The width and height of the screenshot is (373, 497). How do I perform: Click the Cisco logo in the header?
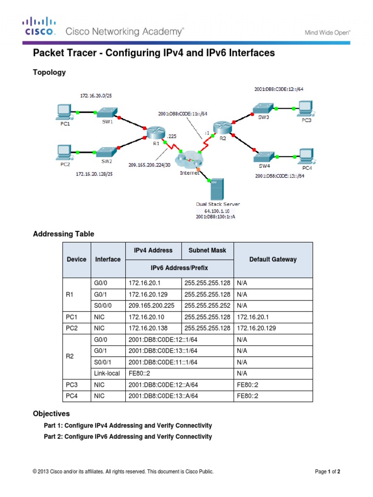pos(40,27)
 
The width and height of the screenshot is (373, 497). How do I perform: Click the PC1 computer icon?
pos(64,112)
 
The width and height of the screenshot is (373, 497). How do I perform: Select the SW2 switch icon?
pos(107,151)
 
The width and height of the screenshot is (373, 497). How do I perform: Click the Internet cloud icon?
pos(190,159)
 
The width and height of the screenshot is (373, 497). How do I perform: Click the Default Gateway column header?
pos(272,260)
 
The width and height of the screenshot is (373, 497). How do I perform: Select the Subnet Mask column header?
pos(207,250)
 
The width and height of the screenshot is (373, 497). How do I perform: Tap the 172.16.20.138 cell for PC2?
pos(148,328)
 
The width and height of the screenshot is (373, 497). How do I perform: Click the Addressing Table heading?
pos(63,234)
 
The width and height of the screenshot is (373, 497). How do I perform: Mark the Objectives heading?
pos(51,414)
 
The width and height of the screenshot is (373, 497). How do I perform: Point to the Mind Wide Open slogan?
pos(327,33)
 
